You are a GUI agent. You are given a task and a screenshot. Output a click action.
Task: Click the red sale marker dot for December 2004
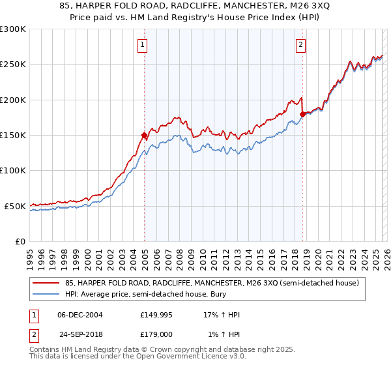click(144, 136)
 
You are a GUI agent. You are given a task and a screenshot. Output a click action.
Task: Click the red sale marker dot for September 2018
click(302, 115)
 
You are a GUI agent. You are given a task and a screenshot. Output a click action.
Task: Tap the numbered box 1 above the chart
click(142, 45)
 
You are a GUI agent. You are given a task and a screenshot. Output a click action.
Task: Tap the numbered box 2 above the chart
click(300, 45)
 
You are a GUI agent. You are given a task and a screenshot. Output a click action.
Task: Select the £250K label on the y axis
click(13, 65)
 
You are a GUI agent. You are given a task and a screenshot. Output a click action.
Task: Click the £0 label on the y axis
click(20, 241)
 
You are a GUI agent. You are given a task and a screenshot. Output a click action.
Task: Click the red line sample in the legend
click(46, 283)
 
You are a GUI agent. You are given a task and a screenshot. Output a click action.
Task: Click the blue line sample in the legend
click(46, 294)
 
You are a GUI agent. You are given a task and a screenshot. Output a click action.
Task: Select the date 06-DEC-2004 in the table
click(79, 315)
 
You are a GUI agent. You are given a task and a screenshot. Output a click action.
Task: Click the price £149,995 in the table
click(156, 315)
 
